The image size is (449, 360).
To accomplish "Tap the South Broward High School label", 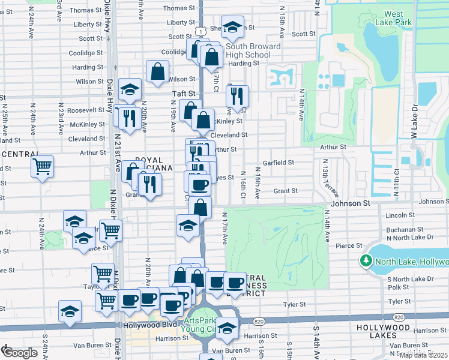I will (253, 50).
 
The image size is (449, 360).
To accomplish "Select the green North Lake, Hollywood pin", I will (366, 261).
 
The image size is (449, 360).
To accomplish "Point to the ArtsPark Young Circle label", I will (202, 325).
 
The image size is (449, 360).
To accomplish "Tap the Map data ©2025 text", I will (423, 355).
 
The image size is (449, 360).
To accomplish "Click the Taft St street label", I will (184, 94).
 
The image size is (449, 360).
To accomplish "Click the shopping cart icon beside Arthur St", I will (43, 166).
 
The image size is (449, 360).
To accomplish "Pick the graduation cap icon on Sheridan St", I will (232, 26).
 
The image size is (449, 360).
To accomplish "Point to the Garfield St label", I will (278, 163).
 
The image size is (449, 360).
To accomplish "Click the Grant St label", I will (286, 191).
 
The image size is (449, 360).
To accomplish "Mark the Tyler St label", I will (295, 305).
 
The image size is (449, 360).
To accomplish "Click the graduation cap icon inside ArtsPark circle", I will (227, 328).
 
